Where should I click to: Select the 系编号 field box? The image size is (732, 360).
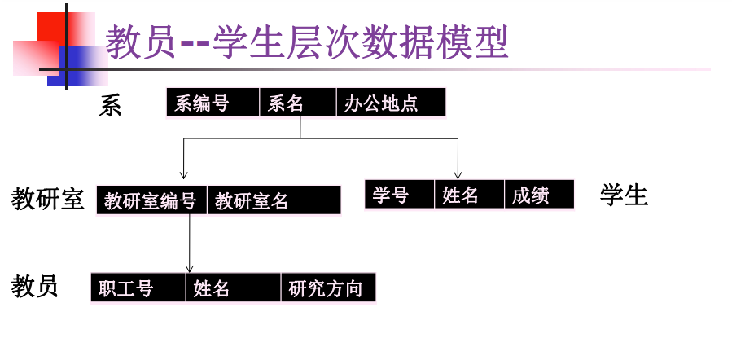coord(213,103)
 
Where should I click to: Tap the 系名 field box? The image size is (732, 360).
coord(297,103)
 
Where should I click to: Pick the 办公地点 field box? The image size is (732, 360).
coord(391,103)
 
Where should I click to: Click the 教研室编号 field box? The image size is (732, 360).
coord(151,200)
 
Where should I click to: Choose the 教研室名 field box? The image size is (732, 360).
coord(274,200)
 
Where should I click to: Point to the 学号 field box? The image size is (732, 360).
coord(400,195)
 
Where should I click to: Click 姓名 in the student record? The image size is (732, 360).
coord(469,195)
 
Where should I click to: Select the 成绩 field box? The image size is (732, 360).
coord(539,195)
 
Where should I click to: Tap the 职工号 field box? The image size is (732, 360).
coord(138,288)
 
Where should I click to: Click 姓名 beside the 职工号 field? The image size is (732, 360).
coord(234,288)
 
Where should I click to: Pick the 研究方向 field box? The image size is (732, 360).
coord(328,288)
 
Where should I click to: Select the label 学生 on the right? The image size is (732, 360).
coord(625,195)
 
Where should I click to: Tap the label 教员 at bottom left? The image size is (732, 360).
coord(35,287)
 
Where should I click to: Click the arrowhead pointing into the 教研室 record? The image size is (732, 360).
coord(183,173)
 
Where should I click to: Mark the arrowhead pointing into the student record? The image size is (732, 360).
coord(458,173)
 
